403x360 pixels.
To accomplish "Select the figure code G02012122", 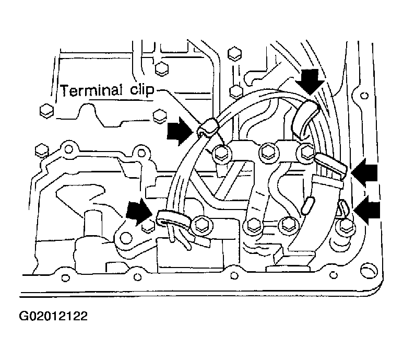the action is pyautogui.click(x=53, y=316).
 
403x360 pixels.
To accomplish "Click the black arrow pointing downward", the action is pyautogui.click(x=310, y=82).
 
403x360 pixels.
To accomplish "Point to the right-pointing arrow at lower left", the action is pyautogui.click(x=139, y=211).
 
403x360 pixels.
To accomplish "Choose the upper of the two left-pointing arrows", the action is pyautogui.click(x=364, y=172).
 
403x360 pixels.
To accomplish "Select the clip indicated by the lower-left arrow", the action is pyautogui.click(x=173, y=219).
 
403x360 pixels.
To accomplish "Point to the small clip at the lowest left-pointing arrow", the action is pyautogui.click(x=342, y=207).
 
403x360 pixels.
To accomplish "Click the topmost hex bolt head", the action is pyautogui.click(x=234, y=53).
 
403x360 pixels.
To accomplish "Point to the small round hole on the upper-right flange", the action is pyautogui.click(x=364, y=96).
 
